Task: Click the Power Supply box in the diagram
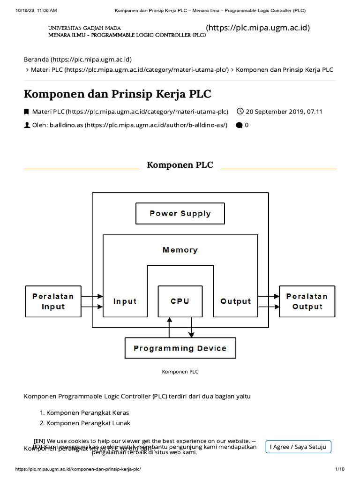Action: coord(180,213)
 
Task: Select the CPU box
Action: coord(180,301)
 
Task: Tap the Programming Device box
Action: coord(180,348)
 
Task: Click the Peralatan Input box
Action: coord(53,301)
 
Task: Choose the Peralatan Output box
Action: coord(307,301)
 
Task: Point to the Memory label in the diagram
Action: coord(180,250)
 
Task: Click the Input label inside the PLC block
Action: coord(125,301)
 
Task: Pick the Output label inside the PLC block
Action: coord(235,301)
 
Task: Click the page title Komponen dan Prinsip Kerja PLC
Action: coord(118,94)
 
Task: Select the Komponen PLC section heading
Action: coord(180,165)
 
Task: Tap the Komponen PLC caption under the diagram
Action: coord(180,372)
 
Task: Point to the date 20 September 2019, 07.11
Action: coord(284,112)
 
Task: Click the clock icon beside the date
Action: coord(240,112)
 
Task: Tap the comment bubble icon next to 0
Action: coord(239,125)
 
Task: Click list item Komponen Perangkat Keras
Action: coord(88,413)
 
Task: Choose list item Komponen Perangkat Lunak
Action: coord(88,423)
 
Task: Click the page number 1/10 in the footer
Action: coord(339,469)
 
